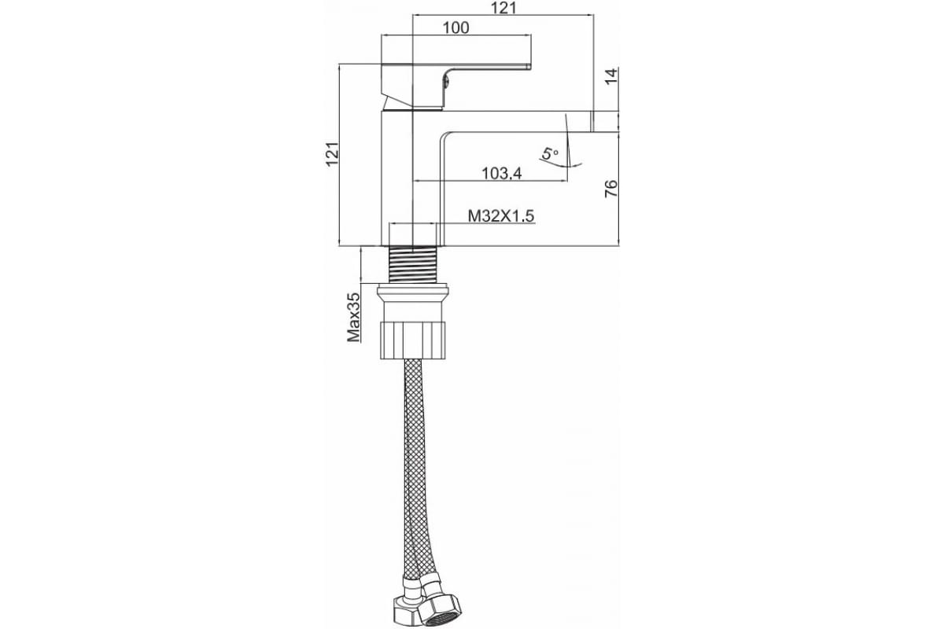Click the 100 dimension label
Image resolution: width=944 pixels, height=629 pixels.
(x=456, y=28)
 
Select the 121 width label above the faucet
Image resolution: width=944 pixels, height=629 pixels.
(x=503, y=8)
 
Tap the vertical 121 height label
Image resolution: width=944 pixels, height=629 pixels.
(x=332, y=154)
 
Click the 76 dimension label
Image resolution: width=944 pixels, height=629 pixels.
(x=611, y=189)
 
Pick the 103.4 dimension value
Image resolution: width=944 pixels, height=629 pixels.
(x=502, y=173)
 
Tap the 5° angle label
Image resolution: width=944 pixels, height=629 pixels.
(x=550, y=154)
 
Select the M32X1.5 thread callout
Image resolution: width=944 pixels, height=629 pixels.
(x=501, y=216)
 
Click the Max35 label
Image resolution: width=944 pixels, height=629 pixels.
(x=353, y=317)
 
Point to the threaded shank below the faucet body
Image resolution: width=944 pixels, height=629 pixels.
(x=412, y=264)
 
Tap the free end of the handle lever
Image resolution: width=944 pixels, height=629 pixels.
(x=529, y=66)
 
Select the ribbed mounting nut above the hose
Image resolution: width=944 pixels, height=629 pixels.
(x=413, y=340)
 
